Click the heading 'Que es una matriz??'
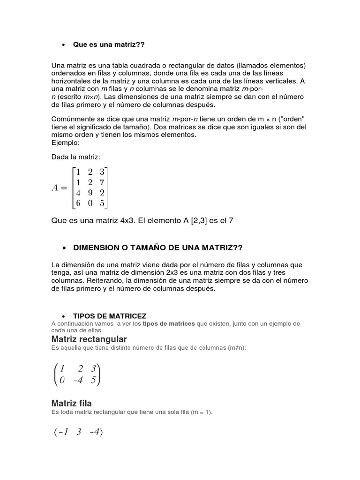(x=109, y=45)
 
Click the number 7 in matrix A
(x=102, y=182)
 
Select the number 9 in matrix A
(x=90, y=192)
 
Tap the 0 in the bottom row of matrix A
(x=90, y=203)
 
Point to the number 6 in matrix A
(x=78, y=203)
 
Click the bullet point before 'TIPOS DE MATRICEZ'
(x=63, y=316)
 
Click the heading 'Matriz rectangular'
(x=89, y=338)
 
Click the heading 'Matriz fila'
(x=71, y=403)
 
